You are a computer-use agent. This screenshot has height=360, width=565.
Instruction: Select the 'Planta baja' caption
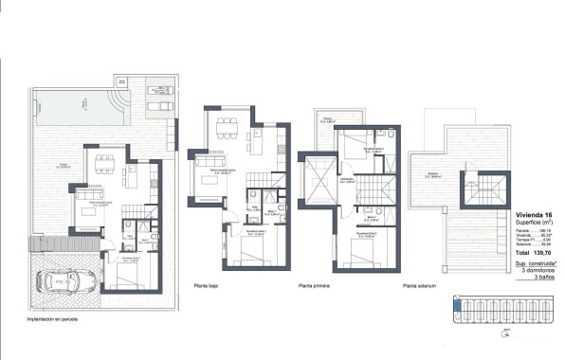[208, 284]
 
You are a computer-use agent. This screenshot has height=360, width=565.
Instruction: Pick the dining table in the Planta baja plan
[228, 131]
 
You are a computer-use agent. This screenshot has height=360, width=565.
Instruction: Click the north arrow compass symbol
[507, 333]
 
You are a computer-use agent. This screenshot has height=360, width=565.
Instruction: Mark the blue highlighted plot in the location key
[460, 306]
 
